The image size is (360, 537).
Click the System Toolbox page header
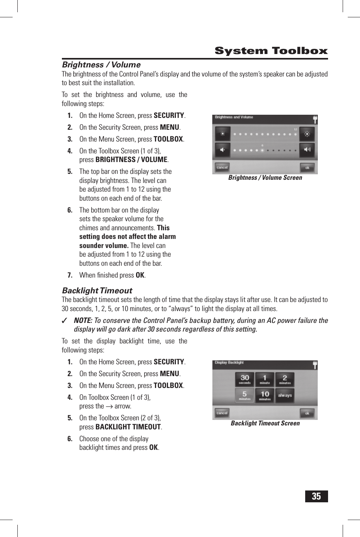pyautogui.click(x=271, y=51)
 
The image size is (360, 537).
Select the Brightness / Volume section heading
pyautogui.click(x=101, y=65)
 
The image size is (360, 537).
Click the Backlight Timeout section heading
pyautogui.click(x=97, y=291)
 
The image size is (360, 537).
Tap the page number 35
pyautogui.click(x=316, y=496)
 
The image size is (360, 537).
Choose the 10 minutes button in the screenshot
pyautogui.click(x=265, y=395)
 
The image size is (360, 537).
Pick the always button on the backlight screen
pyautogui.click(x=285, y=395)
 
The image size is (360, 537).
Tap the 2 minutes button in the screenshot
pyautogui.click(x=285, y=379)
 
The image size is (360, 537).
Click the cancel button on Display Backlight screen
pyautogui.click(x=222, y=413)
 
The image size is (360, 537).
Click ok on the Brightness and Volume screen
pyautogui.click(x=307, y=168)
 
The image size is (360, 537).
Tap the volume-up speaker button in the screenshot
pyautogui.click(x=307, y=150)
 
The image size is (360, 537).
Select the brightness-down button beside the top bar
pyautogui.click(x=222, y=134)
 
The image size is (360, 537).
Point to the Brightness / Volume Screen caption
pyautogui.click(x=265, y=178)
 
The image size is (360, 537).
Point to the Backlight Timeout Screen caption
pyautogui.click(x=265, y=423)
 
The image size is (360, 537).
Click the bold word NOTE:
pyautogui.click(x=83, y=321)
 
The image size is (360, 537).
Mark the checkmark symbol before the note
pyautogui.click(x=64, y=321)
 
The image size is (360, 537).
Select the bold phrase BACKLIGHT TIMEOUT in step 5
pyautogui.click(x=128, y=427)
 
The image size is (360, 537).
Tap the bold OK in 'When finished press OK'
pyautogui.click(x=140, y=275)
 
